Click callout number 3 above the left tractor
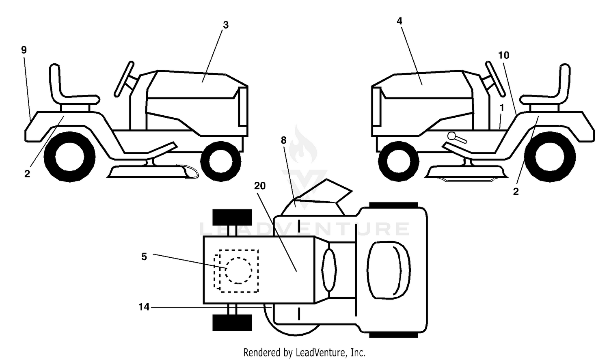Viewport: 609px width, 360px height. coord(226,25)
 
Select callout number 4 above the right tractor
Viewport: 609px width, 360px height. coord(399,21)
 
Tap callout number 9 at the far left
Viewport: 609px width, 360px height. coord(24,50)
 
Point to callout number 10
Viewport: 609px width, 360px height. coord(503,56)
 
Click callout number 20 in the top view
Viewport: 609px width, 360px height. coord(260,186)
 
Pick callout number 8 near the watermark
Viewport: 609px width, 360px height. coord(283,140)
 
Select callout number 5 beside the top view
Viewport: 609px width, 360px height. coord(144,257)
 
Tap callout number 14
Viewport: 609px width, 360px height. coord(144,307)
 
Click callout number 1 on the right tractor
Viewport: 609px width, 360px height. coord(502,108)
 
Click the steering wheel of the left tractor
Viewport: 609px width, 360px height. coord(124,79)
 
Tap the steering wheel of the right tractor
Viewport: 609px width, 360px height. coord(495,79)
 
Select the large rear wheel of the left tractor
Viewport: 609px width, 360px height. coord(69,157)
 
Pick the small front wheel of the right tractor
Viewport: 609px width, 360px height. coord(399,161)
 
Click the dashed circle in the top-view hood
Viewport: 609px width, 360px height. coord(238,271)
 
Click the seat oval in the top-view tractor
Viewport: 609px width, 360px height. coord(389,270)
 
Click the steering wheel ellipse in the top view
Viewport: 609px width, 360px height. coord(329,270)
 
